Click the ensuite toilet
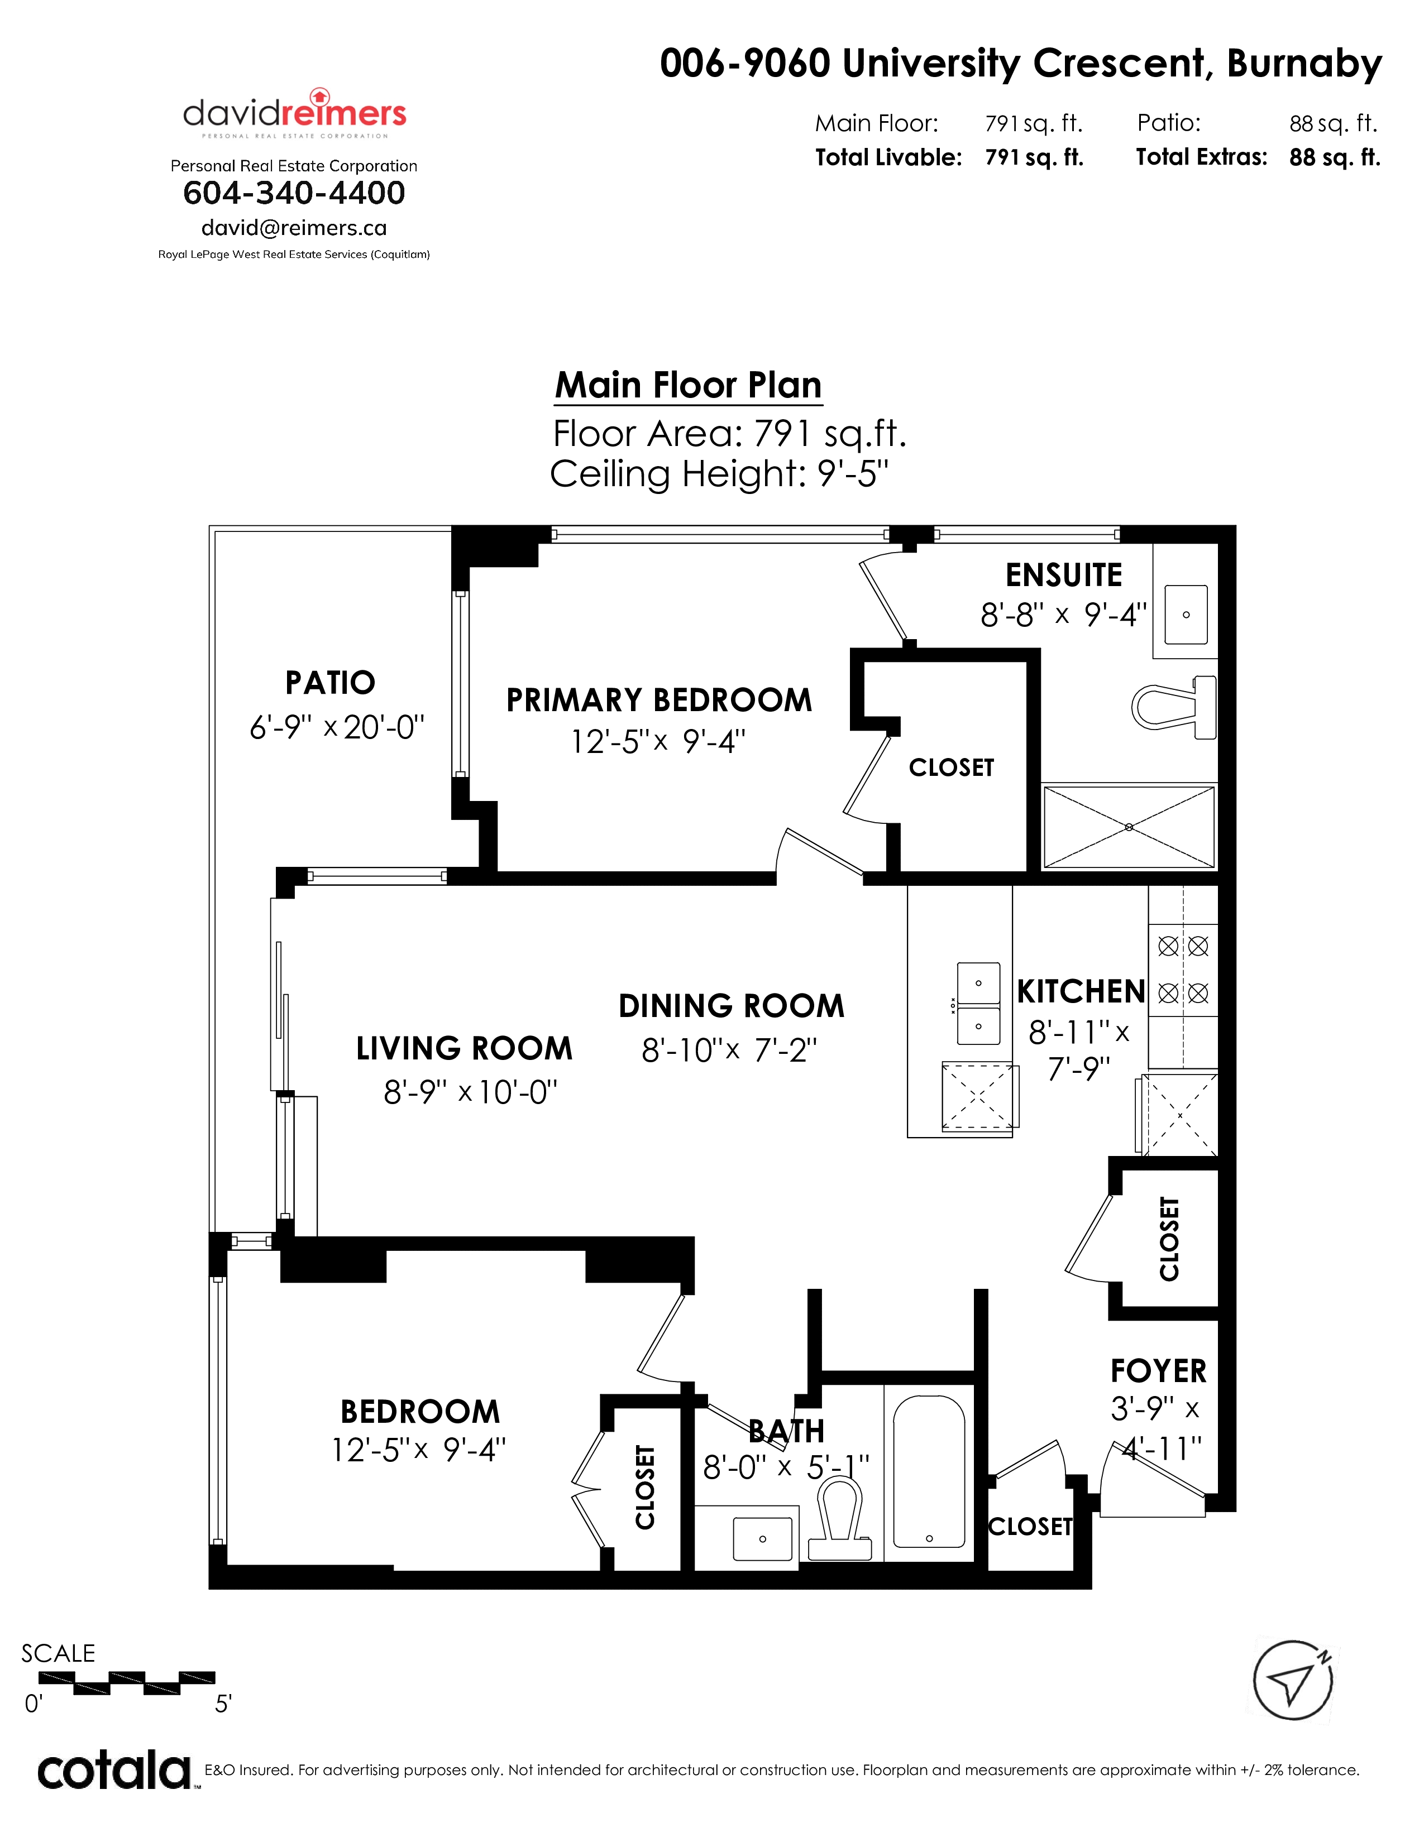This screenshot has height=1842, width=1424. [1174, 707]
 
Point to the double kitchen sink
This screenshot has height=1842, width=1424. [978, 1004]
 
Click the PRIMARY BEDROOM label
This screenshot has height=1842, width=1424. [659, 700]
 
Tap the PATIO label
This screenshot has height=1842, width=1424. [330, 682]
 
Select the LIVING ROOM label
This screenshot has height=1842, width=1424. [464, 1048]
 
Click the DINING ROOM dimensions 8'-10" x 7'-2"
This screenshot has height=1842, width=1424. [730, 1050]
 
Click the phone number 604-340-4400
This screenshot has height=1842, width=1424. [294, 193]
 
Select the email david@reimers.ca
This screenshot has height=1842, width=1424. [294, 228]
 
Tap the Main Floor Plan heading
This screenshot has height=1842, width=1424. [689, 386]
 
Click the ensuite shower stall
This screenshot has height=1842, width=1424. [1129, 827]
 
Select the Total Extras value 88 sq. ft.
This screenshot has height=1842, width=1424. [1335, 158]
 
